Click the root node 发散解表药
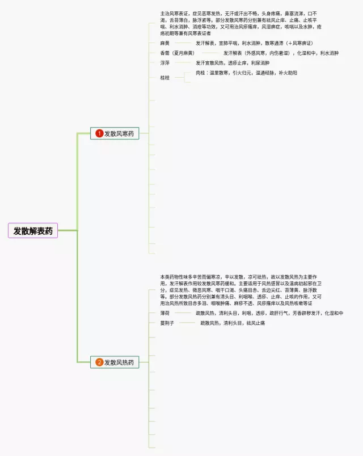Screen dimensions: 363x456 pyautogui.click(x=33, y=231)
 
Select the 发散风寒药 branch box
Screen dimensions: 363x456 pyautogui.click(x=115, y=133)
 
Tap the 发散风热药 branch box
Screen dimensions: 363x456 pyautogui.click(x=115, y=362)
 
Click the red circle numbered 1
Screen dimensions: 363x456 pyautogui.click(x=99, y=133)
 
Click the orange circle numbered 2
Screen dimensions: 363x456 pyautogui.click(x=99, y=362)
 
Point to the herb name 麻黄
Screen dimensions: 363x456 pyautogui.click(x=165, y=43)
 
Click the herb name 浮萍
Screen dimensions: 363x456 pyautogui.click(x=165, y=63)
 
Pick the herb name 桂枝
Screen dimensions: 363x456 pyautogui.click(x=165, y=78)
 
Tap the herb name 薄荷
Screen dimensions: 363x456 pyautogui.click(x=165, y=313)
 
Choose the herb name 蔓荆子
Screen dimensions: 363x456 pyautogui.click(x=167, y=323)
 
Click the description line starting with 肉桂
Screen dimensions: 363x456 pyautogui.click(x=246, y=73)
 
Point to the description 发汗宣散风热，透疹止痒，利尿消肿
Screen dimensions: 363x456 pyautogui.click(x=233, y=63)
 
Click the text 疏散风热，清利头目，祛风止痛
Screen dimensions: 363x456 pyautogui.click(x=233, y=323)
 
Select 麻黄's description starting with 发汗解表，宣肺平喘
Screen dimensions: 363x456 pyautogui.click(x=254, y=43)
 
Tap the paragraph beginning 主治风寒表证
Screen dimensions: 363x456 pyautogui.click(x=241, y=23)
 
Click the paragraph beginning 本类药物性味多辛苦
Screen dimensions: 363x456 pyautogui.click(x=241, y=290)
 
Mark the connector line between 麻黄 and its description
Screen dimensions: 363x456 pyautogui.click(x=183, y=43)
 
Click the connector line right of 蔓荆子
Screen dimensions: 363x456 pyautogui.click(x=187, y=323)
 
